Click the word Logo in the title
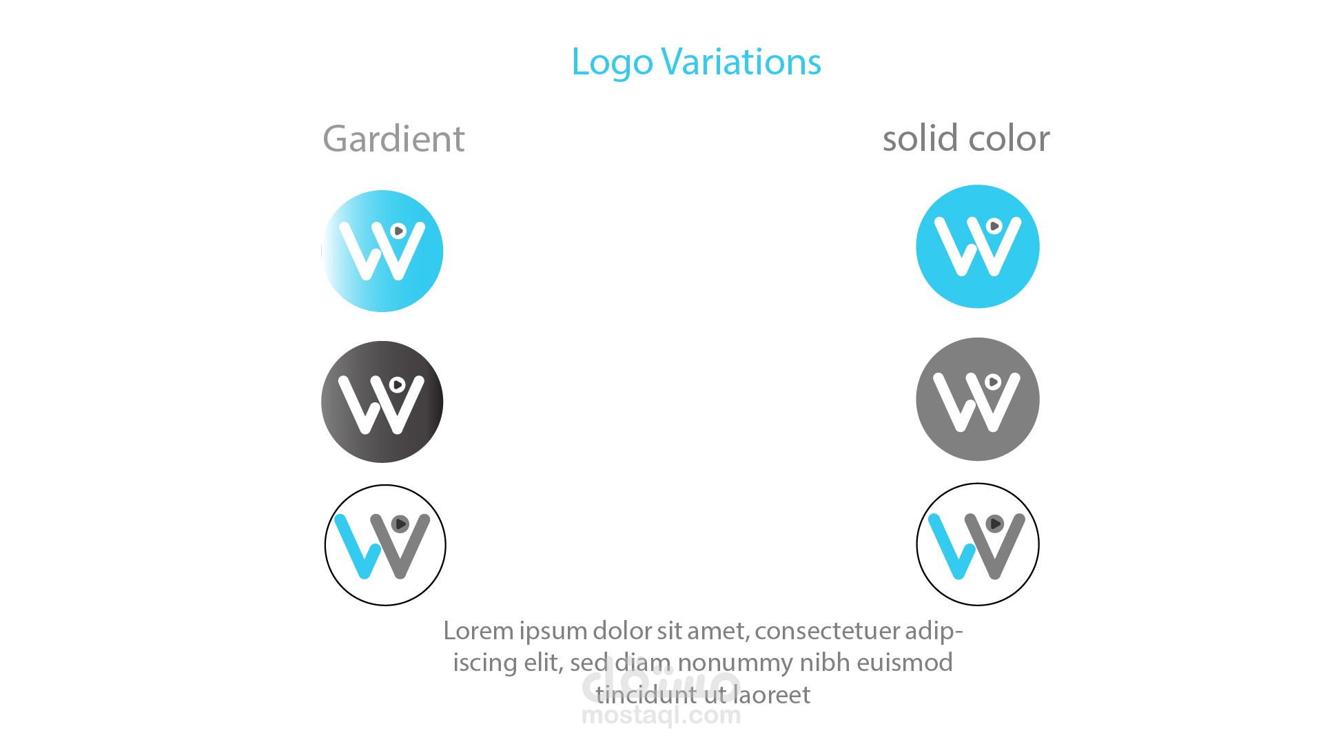[x=612, y=63]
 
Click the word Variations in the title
[x=741, y=62]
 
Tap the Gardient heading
[x=393, y=139]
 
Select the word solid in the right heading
[x=921, y=138]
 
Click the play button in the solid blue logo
[x=994, y=226]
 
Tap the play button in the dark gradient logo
[x=398, y=384]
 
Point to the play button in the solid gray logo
[x=993, y=382]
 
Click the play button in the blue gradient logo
[x=398, y=231]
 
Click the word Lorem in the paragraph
[x=478, y=631]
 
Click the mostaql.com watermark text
[x=661, y=716]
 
